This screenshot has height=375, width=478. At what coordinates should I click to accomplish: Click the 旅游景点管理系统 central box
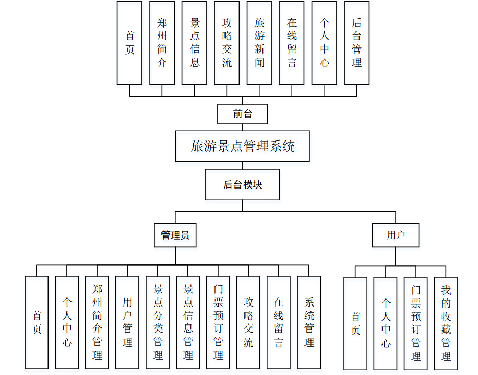point(243,147)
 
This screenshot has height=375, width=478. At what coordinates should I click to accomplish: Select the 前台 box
point(243,114)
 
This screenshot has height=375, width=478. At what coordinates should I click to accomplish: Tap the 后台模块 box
point(243,184)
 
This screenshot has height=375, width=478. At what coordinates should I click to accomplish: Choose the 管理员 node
point(175,236)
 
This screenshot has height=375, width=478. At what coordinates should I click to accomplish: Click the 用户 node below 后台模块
point(396,236)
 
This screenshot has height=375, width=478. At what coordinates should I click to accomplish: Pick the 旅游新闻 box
point(259,43)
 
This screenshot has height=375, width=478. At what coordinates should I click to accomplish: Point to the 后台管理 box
point(356,43)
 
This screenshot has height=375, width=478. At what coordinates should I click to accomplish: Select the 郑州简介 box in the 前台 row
point(162,43)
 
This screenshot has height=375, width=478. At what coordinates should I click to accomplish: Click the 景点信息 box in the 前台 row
point(195,43)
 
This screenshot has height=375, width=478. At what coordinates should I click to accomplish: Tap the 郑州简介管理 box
point(97,322)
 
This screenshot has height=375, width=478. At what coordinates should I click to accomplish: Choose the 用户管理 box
point(128,322)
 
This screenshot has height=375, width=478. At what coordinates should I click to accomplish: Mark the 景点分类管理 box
point(158,322)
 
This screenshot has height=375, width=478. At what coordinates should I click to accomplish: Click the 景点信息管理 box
point(188,322)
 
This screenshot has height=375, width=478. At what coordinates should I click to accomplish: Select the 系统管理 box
point(309,322)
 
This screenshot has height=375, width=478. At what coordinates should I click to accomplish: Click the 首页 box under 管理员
point(37,322)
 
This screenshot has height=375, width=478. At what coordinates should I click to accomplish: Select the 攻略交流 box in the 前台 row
point(227,43)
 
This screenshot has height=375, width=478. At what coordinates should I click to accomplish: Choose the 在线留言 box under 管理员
point(278,322)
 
